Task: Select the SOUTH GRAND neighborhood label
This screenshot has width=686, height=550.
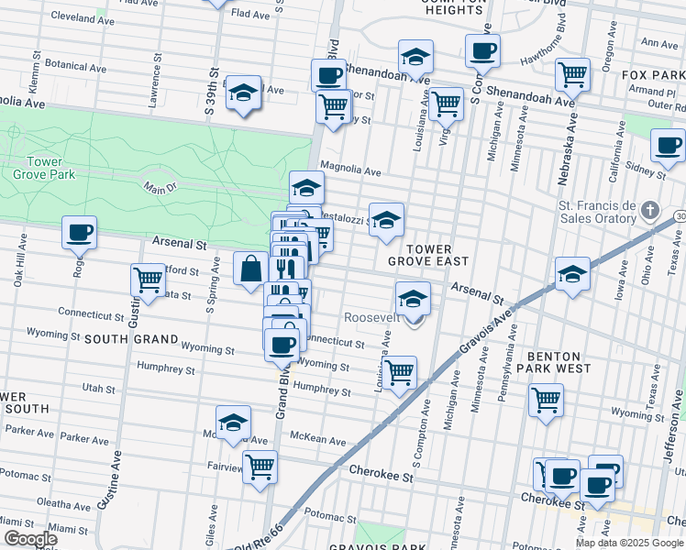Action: click(x=131, y=338)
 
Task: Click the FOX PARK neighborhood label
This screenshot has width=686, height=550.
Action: click(x=652, y=74)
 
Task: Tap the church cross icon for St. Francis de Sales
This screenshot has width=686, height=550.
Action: click(x=649, y=210)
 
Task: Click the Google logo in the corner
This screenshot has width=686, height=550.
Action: click(x=30, y=538)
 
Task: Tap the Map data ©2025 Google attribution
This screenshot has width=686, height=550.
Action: click(x=629, y=543)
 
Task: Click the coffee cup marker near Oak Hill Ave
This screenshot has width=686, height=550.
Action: click(x=79, y=232)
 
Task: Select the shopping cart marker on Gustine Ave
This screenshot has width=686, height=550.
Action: click(x=147, y=280)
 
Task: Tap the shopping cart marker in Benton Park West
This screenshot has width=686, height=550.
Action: click(x=546, y=400)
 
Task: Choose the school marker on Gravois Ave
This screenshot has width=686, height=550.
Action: click(x=572, y=273)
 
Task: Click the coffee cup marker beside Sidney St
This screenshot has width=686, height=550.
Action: click(x=668, y=145)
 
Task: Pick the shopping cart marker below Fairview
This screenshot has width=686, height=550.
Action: click(x=260, y=466)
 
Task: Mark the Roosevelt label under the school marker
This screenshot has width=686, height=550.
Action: click(x=370, y=317)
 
